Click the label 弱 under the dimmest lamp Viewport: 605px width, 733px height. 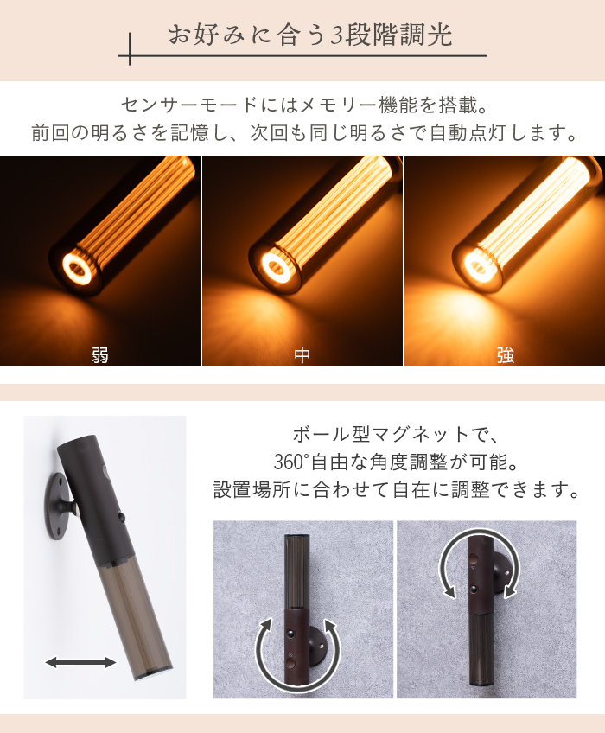click(x=100, y=355)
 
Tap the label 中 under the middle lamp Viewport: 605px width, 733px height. click(x=302, y=355)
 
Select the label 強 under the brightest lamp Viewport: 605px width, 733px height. click(x=506, y=355)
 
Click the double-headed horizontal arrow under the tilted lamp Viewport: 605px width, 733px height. click(x=80, y=662)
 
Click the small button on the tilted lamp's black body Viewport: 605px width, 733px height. click(x=122, y=518)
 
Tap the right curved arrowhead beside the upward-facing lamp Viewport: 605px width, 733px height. click(x=330, y=627)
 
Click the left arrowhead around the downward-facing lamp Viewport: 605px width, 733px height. click(x=449, y=591)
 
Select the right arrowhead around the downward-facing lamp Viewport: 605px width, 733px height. click(x=510, y=591)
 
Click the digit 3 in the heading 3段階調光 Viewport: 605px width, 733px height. click(x=336, y=36)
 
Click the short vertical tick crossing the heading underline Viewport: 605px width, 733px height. click(x=130, y=48)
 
